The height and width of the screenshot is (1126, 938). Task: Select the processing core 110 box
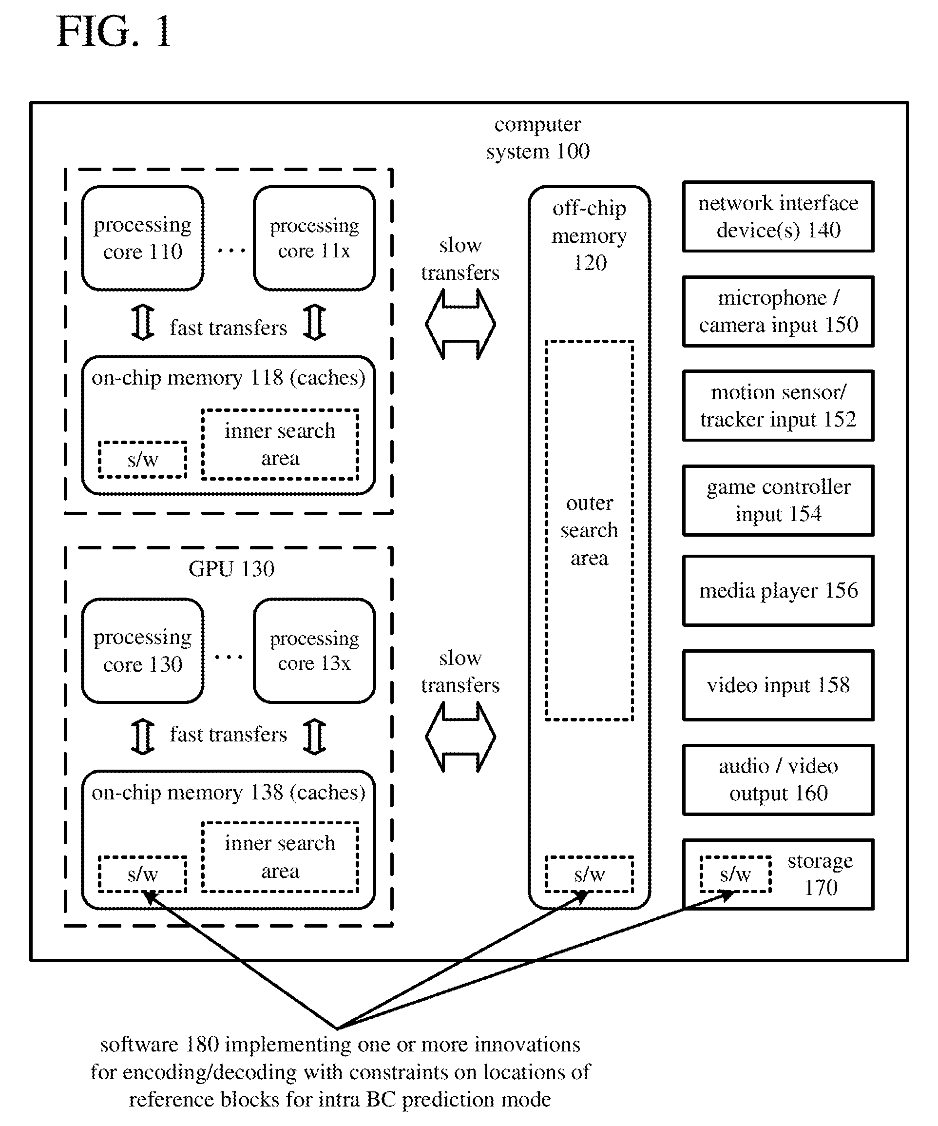[143, 238]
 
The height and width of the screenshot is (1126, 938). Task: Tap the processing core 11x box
[314, 238]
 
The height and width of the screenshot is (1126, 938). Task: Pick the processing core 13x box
[314, 650]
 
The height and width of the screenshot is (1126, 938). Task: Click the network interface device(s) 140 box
[778, 216]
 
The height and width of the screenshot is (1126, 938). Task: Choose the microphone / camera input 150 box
[778, 311]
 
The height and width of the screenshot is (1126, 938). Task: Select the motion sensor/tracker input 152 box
[778, 406]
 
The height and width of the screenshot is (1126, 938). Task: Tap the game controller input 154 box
[778, 500]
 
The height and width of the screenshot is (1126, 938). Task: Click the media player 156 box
[778, 590]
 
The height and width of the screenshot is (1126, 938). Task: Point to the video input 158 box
[778, 685]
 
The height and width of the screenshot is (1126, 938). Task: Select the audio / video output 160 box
[778, 779]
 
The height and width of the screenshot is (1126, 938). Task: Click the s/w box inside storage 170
[735, 874]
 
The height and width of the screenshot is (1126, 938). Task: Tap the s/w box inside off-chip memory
[589, 874]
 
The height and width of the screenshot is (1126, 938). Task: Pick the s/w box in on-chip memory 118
[143, 460]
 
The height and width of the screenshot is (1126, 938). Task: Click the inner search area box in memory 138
[280, 857]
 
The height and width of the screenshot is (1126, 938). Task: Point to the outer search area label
[589, 530]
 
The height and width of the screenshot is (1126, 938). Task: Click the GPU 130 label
[231, 569]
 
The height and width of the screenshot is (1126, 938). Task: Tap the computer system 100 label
[537, 138]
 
